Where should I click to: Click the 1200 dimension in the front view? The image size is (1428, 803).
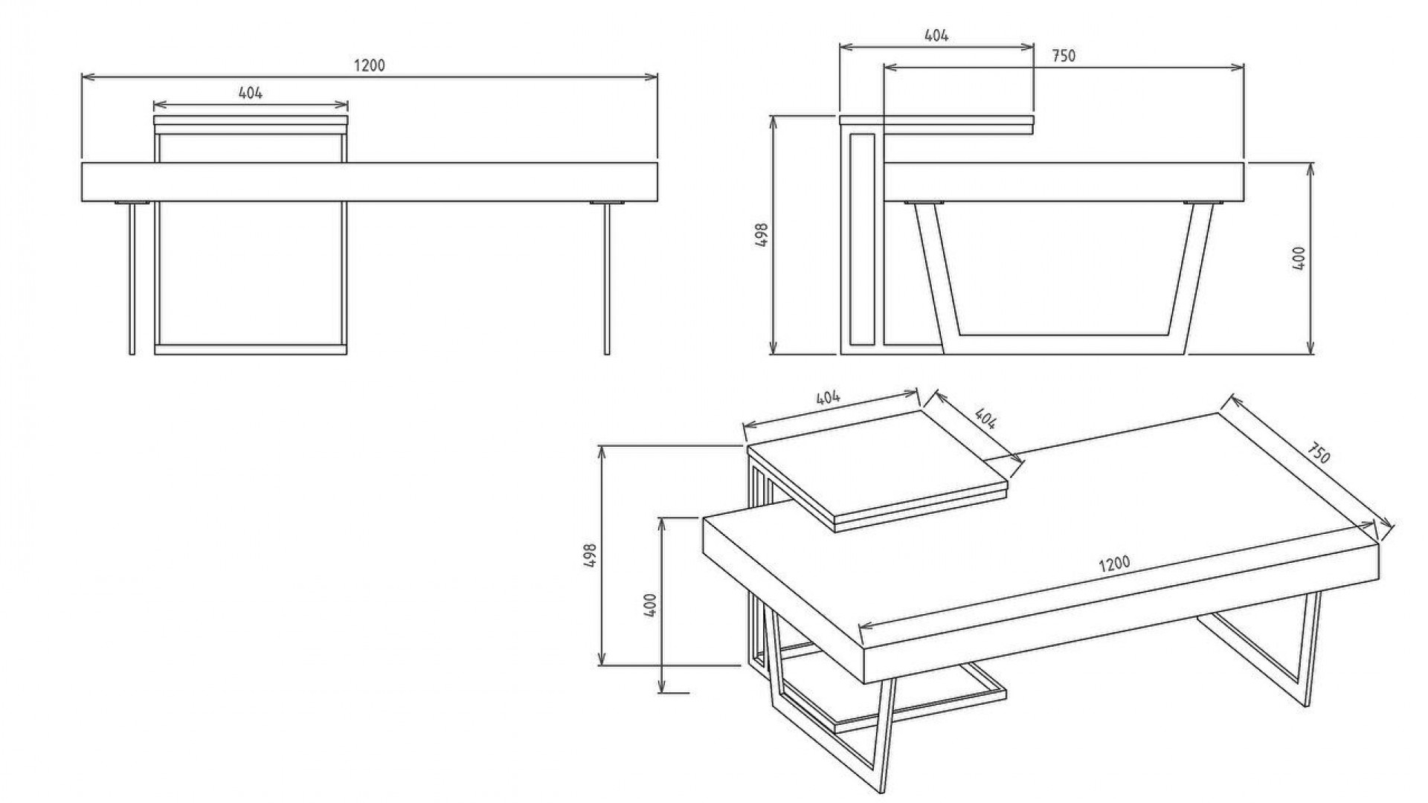369,65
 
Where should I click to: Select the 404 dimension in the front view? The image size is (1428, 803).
251,93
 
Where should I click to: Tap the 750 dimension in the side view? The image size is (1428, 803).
1064,56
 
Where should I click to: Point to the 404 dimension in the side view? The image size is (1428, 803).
936,35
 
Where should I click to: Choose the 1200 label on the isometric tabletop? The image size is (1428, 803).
1114,563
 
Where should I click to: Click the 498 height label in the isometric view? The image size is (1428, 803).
591,555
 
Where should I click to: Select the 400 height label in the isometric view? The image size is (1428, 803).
650,605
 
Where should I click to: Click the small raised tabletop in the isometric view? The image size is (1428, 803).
878,470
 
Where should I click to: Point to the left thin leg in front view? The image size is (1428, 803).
132,278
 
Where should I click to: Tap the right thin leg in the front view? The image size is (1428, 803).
607,278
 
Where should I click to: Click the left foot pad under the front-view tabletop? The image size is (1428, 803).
132,202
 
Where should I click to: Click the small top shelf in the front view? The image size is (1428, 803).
251,124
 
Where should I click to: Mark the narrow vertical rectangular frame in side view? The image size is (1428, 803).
862,239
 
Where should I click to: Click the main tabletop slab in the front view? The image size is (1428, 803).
370,181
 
